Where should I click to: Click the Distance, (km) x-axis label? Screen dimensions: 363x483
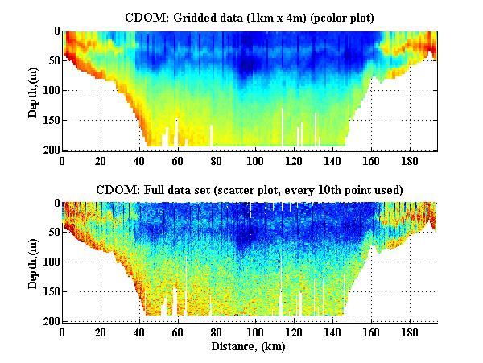249,347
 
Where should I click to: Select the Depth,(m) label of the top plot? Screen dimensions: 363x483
33,90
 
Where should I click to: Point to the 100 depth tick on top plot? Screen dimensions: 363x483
50,91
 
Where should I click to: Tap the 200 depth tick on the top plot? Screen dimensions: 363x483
50,151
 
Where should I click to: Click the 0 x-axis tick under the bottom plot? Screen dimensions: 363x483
63,332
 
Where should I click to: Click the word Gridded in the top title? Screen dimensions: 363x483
197,17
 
